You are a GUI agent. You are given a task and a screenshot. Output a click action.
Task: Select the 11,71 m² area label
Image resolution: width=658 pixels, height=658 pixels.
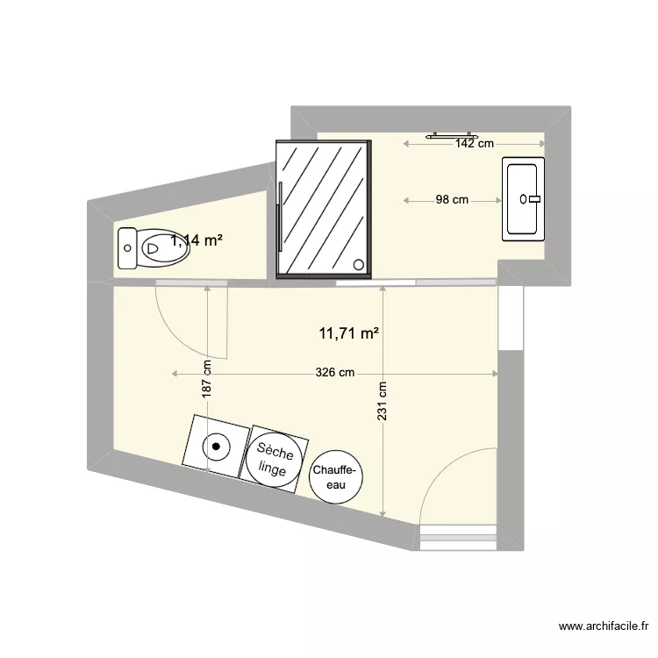pyautogui.click(x=349, y=333)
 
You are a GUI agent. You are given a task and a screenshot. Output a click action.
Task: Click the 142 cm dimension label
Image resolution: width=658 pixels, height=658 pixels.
pyautogui.click(x=475, y=144)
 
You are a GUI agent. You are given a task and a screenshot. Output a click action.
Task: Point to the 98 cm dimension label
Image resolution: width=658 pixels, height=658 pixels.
pyautogui.click(x=452, y=200)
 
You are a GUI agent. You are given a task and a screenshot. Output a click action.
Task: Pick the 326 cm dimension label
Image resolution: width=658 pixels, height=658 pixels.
pyautogui.click(x=335, y=373)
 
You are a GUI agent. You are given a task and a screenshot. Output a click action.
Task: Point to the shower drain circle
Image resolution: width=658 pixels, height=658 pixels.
pyautogui.click(x=358, y=264)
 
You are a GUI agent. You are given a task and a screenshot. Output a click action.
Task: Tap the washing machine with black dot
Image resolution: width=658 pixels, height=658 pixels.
pyautogui.click(x=215, y=446)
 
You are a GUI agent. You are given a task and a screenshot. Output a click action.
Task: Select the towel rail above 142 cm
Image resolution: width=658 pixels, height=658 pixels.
pyautogui.click(x=451, y=136)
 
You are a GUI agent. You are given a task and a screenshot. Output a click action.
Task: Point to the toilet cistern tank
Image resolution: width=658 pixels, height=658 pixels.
pyautogui.click(x=126, y=248)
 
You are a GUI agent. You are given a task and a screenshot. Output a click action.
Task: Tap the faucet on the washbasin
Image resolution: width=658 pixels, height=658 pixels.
pyautogui.click(x=532, y=199)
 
